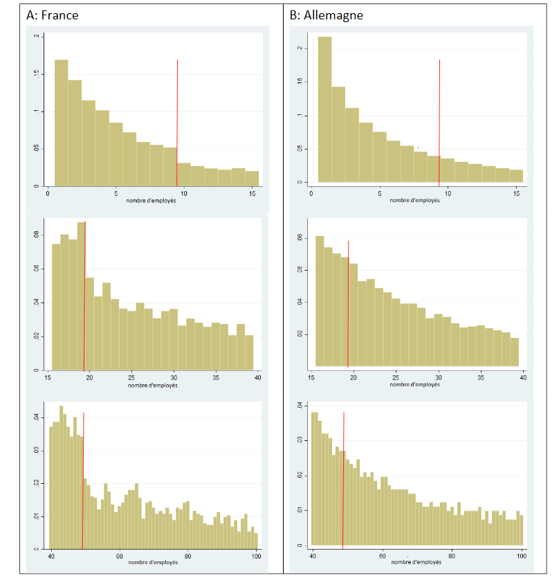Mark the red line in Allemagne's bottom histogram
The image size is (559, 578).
click(x=343, y=478)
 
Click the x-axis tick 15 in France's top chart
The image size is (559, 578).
click(x=253, y=194)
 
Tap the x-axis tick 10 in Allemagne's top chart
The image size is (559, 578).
click(x=448, y=193)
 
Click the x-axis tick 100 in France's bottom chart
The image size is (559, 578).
click(x=256, y=556)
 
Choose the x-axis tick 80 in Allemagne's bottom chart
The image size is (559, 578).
click(x=452, y=556)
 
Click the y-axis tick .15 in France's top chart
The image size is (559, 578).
click(x=37, y=74)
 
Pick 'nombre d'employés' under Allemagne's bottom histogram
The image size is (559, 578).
click(x=416, y=563)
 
